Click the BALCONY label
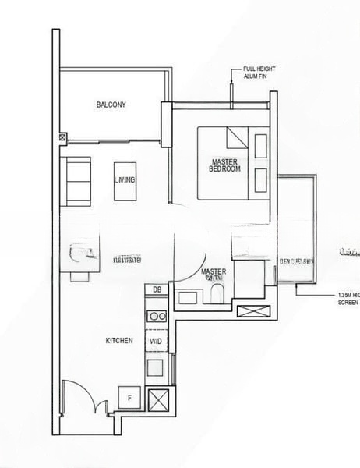[111, 105]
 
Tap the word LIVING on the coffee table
[124, 180]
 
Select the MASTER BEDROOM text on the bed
[226, 165]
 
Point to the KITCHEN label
[120, 341]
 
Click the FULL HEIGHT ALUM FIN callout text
[259, 73]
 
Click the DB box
[157, 289]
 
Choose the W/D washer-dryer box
[156, 341]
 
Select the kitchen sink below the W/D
[156, 366]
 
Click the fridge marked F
[129, 398]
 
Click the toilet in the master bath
[216, 295]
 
